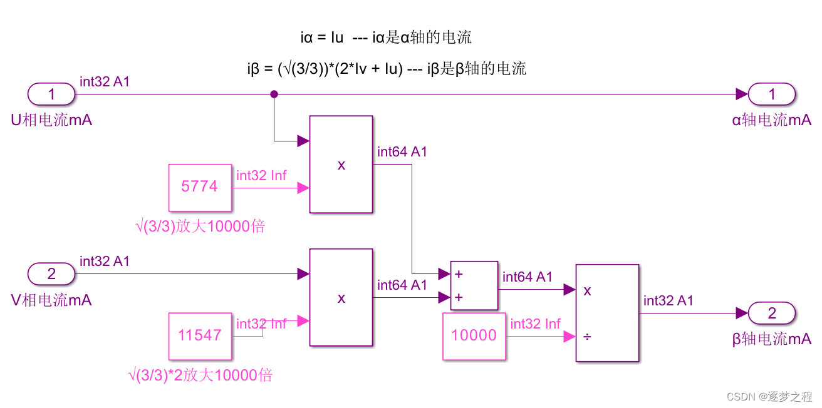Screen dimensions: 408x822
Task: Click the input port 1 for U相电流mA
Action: point(51,94)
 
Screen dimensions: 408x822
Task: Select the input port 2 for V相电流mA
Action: point(51,273)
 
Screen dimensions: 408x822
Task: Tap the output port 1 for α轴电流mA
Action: point(772,94)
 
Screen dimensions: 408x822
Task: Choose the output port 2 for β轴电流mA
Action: point(772,313)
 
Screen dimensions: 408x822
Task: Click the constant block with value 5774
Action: point(200,186)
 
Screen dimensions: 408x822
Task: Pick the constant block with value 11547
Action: point(200,335)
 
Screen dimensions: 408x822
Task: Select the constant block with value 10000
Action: point(474,336)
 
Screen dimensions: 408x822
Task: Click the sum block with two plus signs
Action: point(474,285)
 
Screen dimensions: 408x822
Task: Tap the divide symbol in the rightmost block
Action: point(587,337)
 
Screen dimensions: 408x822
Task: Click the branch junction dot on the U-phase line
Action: point(274,94)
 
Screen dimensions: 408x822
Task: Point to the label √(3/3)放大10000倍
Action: point(200,226)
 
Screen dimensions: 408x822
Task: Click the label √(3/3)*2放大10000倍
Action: point(200,375)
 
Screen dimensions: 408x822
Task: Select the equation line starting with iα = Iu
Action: point(386,38)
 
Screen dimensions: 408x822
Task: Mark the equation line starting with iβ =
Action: point(387,69)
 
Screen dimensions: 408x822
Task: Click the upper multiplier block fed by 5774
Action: point(341,165)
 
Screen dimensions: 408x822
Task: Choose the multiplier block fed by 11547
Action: point(341,298)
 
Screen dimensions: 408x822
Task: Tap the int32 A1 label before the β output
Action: point(669,301)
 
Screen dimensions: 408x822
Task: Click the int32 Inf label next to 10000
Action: point(535,324)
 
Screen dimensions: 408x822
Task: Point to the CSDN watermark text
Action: point(768,396)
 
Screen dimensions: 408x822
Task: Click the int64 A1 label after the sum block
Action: point(528,277)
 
